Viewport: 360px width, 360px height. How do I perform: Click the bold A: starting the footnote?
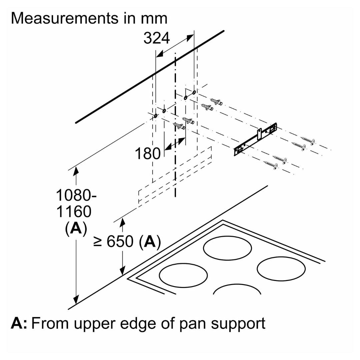tap(19, 323)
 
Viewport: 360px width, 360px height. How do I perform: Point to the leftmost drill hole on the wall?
tap(156, 116)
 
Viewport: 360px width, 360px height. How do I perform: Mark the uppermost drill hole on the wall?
tap(194, 92)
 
